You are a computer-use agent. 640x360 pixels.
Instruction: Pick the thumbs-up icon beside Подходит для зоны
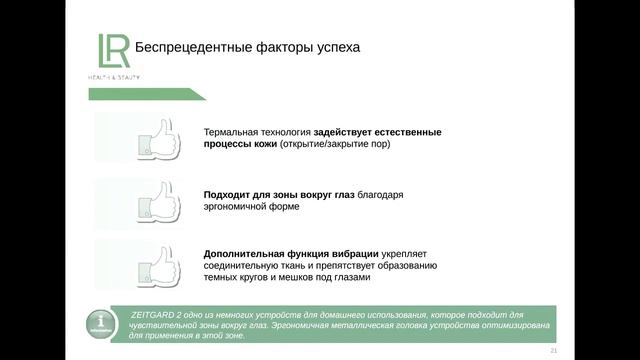[159, 200]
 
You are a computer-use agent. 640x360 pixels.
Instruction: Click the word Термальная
[231, 132]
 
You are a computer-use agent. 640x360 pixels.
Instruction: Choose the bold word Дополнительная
[244, 253]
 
